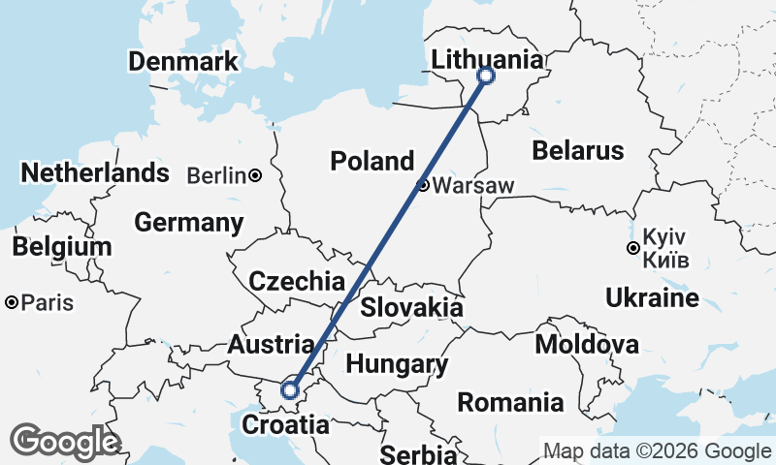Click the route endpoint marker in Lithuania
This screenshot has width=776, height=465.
486,76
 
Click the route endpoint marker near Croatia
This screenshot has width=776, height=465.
289,390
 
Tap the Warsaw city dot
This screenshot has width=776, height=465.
423,185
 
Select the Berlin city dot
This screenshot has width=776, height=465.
254,175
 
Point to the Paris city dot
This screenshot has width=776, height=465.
11,303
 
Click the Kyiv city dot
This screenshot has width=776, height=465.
632,249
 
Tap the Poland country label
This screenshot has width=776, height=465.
372,161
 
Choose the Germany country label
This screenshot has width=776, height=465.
188,222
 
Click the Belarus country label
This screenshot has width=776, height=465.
577,151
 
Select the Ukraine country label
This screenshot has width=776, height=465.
651,296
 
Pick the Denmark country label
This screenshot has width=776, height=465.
182,62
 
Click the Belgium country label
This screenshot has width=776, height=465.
62,247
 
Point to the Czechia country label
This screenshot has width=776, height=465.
297,282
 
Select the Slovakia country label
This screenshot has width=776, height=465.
411,308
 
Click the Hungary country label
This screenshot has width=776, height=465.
397,365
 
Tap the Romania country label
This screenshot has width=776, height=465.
511,401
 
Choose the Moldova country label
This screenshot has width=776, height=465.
587,345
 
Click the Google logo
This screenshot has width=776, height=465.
65,442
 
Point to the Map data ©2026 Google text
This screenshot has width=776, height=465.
657,450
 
